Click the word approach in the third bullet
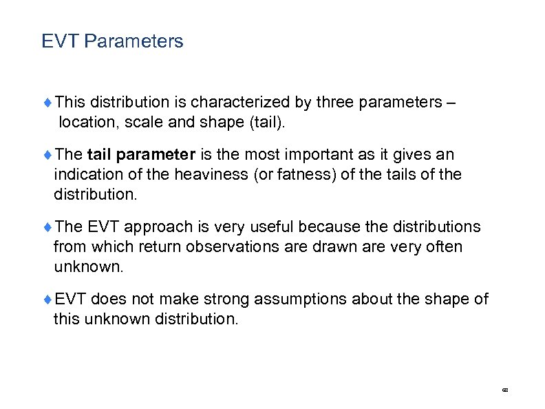[154, 227]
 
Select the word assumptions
[301, 300]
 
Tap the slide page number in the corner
[505, 390]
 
